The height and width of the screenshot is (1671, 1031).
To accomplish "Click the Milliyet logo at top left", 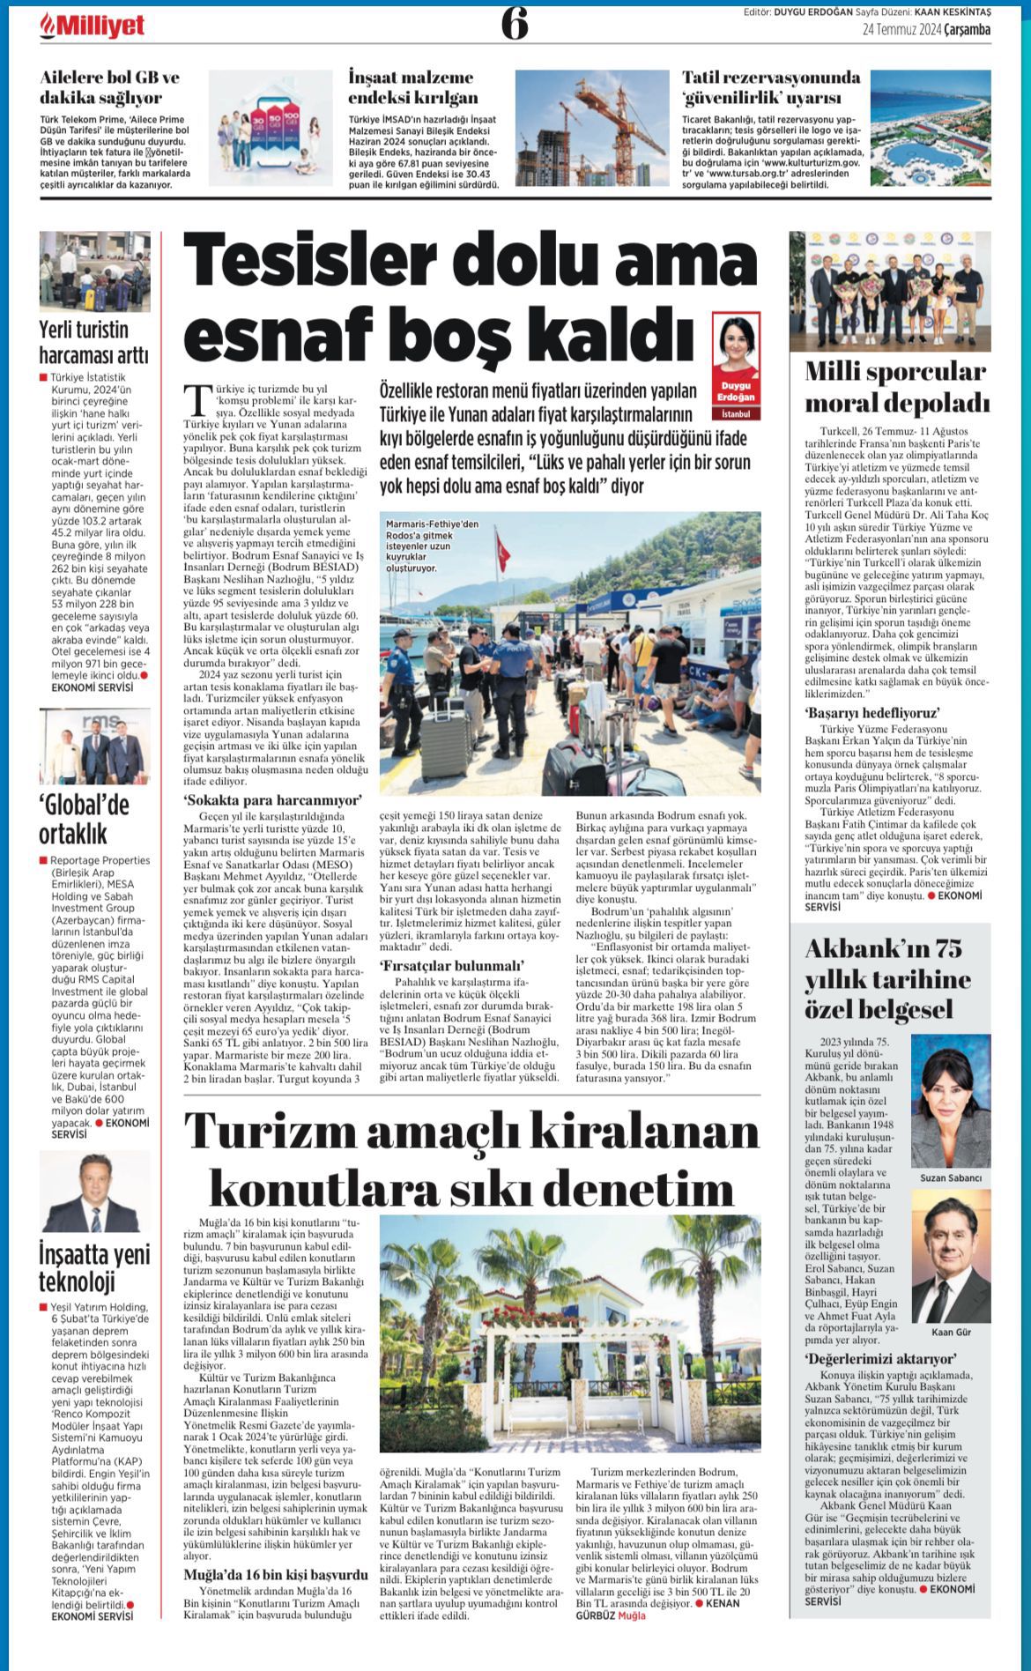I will (92, 27).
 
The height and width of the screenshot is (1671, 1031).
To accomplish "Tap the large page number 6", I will (515, 24).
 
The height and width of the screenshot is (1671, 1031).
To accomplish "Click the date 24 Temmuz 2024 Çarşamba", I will (926, 30).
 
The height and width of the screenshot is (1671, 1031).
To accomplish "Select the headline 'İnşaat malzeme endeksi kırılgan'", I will (412, 87).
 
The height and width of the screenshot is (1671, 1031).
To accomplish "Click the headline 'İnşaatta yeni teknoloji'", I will (94, 1266).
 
